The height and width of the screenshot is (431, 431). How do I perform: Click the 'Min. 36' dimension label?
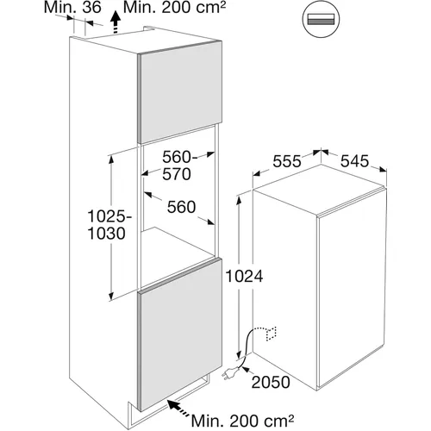[72, 8]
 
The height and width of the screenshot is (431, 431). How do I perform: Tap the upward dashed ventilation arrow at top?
[116, 22]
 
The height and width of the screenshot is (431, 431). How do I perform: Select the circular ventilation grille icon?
[321, 20]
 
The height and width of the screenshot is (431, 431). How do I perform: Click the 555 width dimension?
[287, 161]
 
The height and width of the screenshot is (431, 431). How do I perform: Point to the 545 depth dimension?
[354, 161]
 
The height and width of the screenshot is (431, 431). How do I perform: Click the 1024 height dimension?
[244, 277]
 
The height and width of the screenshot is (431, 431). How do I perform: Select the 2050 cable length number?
[271, 382]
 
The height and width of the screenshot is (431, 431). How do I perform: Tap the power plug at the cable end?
[230, 373]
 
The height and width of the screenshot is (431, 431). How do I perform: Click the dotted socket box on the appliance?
[271, 334]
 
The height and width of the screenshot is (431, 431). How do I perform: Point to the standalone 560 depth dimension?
[182, 207]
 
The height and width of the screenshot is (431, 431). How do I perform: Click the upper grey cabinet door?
[180, 92]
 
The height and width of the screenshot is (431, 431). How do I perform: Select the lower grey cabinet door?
[180, 334]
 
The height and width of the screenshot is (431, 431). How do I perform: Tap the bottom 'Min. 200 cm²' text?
[243, 422]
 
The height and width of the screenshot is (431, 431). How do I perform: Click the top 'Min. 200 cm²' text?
[174, 8]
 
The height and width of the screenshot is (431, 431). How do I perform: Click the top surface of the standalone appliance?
[319, 190]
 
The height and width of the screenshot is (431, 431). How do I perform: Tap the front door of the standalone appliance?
[352, 287]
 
